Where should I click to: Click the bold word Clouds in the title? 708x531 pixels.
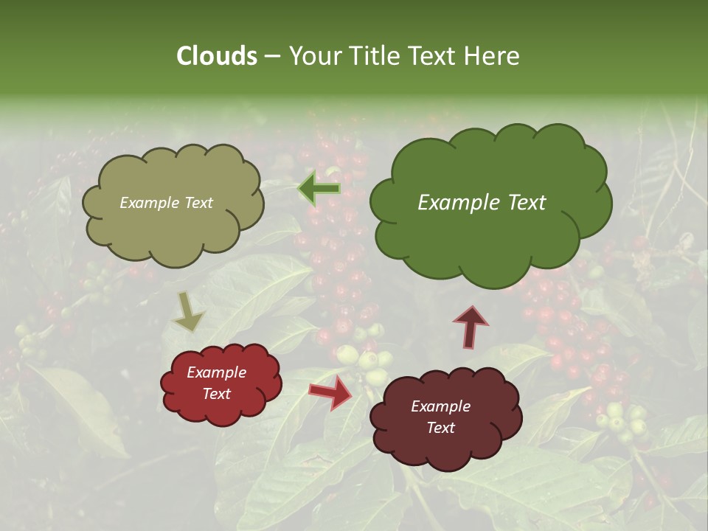(216, 56)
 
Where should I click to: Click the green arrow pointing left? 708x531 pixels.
(319, 189)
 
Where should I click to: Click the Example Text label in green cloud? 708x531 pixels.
(482, 203)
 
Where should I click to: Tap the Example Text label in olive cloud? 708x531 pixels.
(166, 203)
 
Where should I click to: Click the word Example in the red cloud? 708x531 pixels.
(216, 372)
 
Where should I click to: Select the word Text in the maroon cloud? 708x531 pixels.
(440, 428)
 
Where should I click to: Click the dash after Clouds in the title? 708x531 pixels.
(271, 56)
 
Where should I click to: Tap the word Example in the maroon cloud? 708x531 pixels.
(440, 406)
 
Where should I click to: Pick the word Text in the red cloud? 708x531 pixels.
(216, 394)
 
